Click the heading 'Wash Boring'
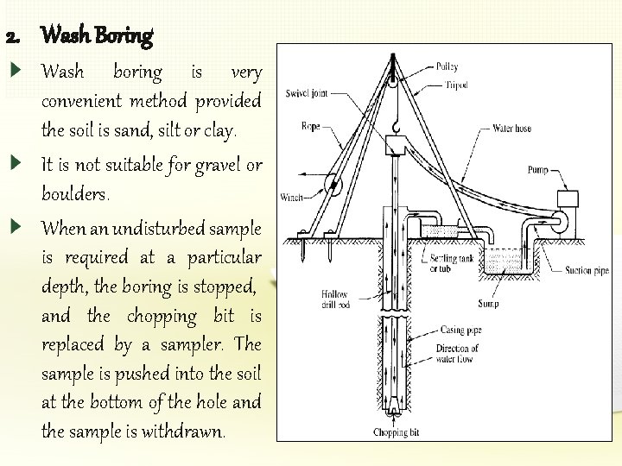tap(97, 36)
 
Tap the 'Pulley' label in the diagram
tap(447, 66)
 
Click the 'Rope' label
tap(310, 127)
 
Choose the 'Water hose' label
tap(512, 129)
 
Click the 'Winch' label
tap(291, 198)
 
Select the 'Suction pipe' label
tap(587, 270)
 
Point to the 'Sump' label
tap(488, 304)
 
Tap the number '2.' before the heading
tap(13, 37)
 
